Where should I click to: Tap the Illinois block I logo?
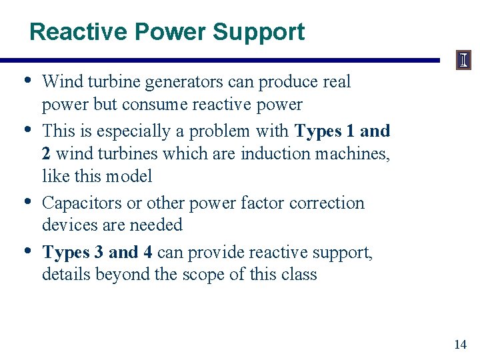(x=463, y=61)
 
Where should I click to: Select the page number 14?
(x=460, y=344)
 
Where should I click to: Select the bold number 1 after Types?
(x=350, y=131)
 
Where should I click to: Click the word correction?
(x=327, y=203)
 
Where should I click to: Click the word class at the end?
(x=299, y=274)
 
